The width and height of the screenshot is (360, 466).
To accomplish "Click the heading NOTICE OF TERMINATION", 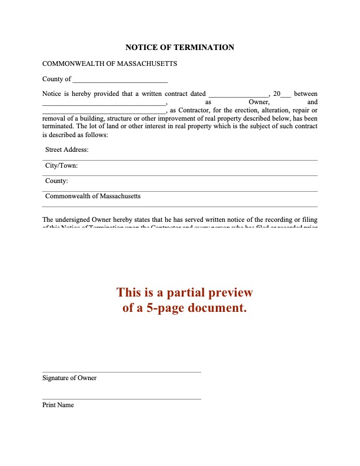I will pos(180,48).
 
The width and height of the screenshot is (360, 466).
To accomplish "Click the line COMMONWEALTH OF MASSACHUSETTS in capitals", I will pos(109,64).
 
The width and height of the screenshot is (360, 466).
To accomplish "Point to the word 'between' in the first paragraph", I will pos(306,94).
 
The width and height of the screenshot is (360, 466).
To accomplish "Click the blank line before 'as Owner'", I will pos(104,104).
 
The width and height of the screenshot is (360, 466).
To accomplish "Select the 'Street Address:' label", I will pos(66,150).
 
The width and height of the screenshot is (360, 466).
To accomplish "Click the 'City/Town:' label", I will pos(61,166).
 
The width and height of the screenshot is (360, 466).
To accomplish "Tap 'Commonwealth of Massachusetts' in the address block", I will pos(93,197).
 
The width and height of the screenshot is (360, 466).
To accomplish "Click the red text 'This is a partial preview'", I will pos(184,292).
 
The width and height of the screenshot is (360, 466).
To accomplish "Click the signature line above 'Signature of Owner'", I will pos(122,372).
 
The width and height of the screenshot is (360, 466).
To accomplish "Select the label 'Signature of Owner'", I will pos(69,378).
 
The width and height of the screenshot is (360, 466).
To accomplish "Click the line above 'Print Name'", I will pos(122,400).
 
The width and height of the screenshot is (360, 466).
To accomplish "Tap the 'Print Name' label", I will pos(58,405).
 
